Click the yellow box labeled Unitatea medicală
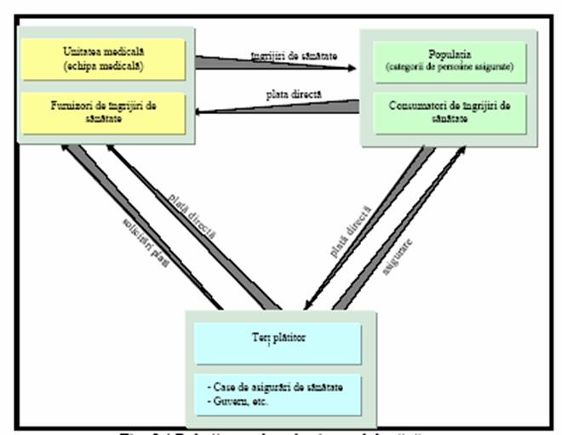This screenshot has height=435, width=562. click(x=105, y=60)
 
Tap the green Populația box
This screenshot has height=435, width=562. click(x=444, y=60)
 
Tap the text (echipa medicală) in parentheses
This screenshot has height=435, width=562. click(x=105, y=66)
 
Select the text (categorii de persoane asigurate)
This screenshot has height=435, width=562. click(x=444, y=67)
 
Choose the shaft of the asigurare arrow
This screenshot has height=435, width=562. click(x=392, y=238)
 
